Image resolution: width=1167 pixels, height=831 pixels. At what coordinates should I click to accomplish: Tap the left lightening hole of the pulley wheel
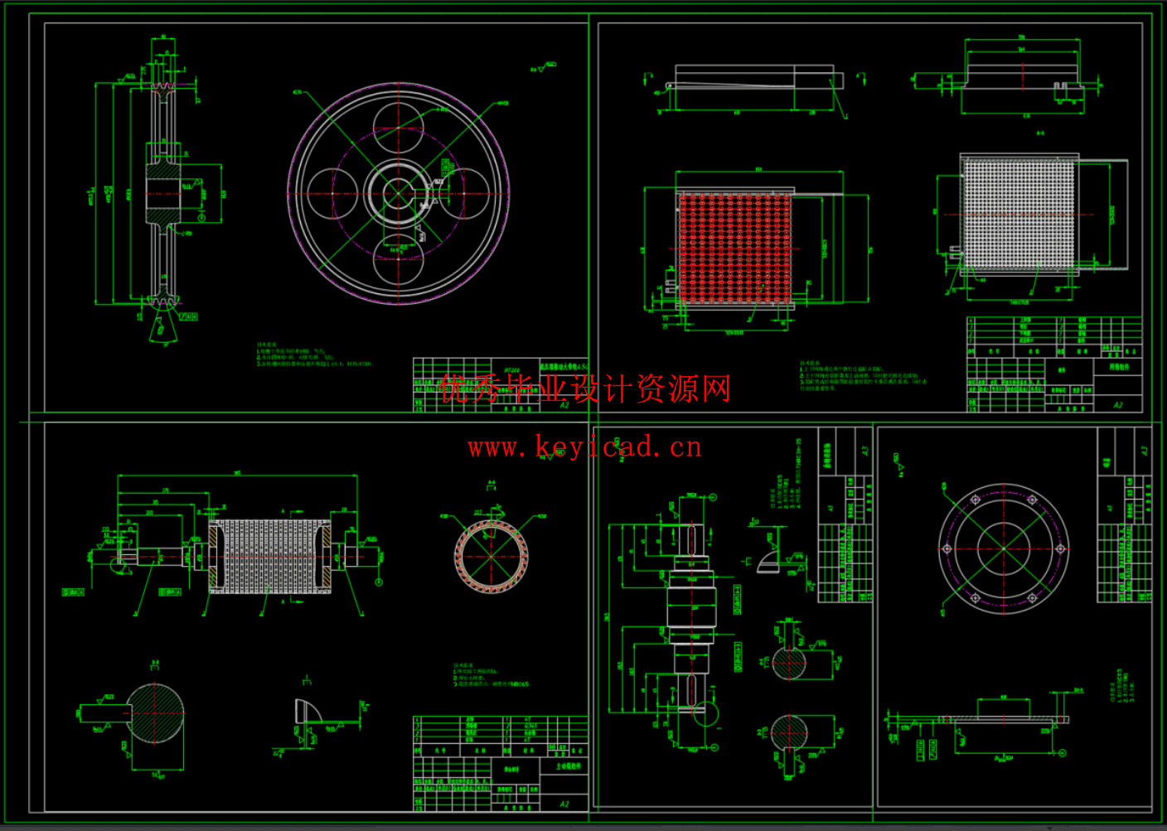pos(332,194)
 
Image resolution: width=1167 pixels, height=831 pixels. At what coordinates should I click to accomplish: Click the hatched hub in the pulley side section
pos(163,193)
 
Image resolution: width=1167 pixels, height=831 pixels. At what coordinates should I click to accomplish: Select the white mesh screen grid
pos(1019,214)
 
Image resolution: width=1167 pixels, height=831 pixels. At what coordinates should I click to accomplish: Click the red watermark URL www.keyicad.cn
pos(584,447)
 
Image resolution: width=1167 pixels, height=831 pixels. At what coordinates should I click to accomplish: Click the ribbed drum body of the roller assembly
pos(269,557)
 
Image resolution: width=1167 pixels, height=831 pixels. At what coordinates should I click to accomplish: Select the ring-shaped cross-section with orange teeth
pos(491,557)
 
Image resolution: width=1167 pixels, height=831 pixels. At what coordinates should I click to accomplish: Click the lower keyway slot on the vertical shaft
pos(691,689)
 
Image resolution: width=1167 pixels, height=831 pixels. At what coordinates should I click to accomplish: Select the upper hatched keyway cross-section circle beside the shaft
pos(788,663)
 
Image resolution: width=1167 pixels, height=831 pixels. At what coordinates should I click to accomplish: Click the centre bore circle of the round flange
pos(1003,548)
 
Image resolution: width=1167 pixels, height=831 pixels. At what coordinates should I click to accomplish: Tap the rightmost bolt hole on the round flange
pos(1060,548)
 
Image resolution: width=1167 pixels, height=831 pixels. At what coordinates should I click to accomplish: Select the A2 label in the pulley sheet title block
pos(564,405)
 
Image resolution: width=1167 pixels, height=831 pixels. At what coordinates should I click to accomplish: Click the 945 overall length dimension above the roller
pos(238,473)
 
